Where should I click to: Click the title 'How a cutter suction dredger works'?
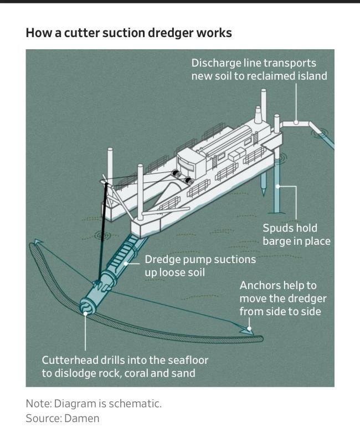[128, 33]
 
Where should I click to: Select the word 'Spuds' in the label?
[276, 228]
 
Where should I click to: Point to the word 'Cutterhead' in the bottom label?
[68, 361]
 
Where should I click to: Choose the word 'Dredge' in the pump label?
[162, 260]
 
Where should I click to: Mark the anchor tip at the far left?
[37, 243]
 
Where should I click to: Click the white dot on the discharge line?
[296, 121]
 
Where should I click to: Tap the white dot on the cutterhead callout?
[85, 314]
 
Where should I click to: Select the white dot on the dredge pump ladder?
[125, 264]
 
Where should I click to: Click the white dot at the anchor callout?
[250, 328]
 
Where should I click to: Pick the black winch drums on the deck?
[183, 177]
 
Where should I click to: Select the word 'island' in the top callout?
[310, 76]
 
